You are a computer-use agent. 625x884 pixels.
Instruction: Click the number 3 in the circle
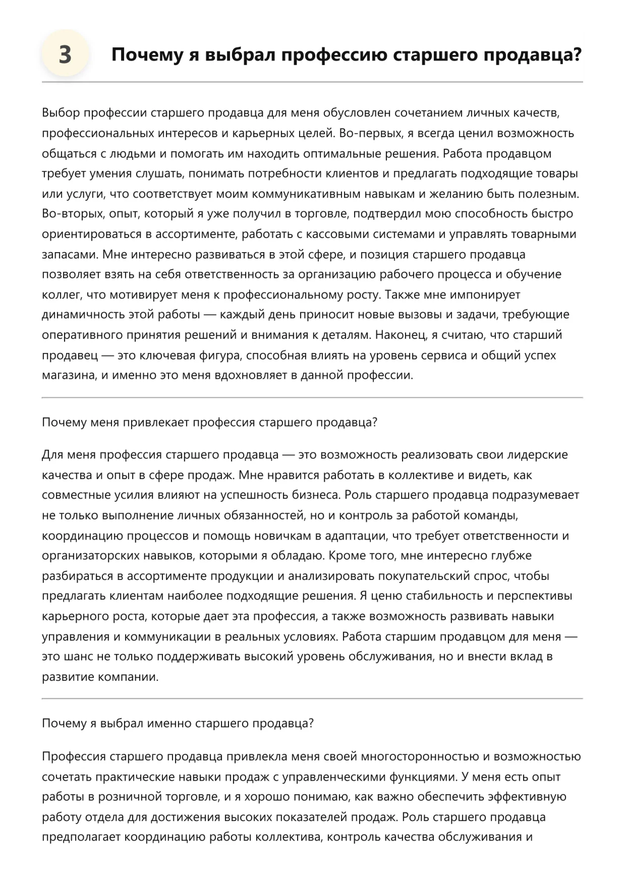(65, 54)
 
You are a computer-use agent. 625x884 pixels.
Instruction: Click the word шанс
(81, 657)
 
